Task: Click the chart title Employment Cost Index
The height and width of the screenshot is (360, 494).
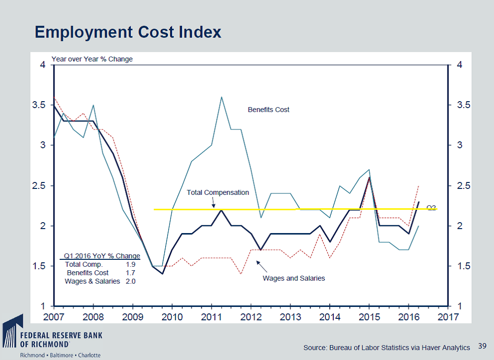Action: pos(128,32)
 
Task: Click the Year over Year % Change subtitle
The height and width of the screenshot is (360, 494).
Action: pos(92,59)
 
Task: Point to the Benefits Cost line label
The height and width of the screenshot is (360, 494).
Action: pos(268,110)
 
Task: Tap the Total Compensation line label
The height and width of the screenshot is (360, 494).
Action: pos(218,192)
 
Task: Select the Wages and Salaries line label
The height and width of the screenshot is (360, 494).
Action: pos(294,278)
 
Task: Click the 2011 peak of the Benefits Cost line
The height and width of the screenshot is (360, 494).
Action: pos(221,97)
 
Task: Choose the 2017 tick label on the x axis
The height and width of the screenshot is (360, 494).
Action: pos(447,316)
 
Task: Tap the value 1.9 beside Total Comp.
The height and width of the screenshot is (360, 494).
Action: pos(130,264)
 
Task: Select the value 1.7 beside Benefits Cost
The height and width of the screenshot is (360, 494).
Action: pos(130,273)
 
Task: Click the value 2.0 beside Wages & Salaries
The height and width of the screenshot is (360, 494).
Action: pos(130,281)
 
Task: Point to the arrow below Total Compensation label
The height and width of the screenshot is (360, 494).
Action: pos(213,203)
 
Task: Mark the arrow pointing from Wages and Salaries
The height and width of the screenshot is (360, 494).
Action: pos(261,266)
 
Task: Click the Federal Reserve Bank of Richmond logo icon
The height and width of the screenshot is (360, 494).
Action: pos(12,329)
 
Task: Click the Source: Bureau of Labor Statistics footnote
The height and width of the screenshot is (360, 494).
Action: pos(386,348)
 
